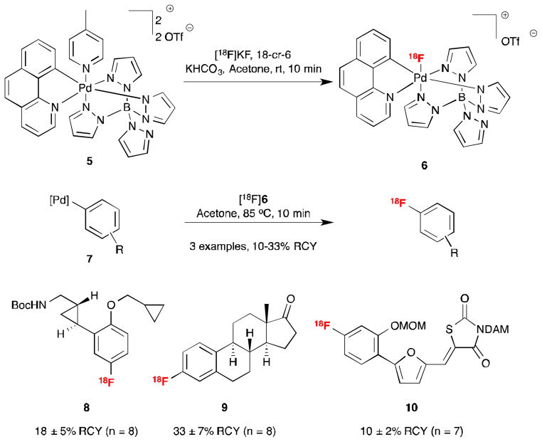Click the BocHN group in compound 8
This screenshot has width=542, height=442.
[29, 306]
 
